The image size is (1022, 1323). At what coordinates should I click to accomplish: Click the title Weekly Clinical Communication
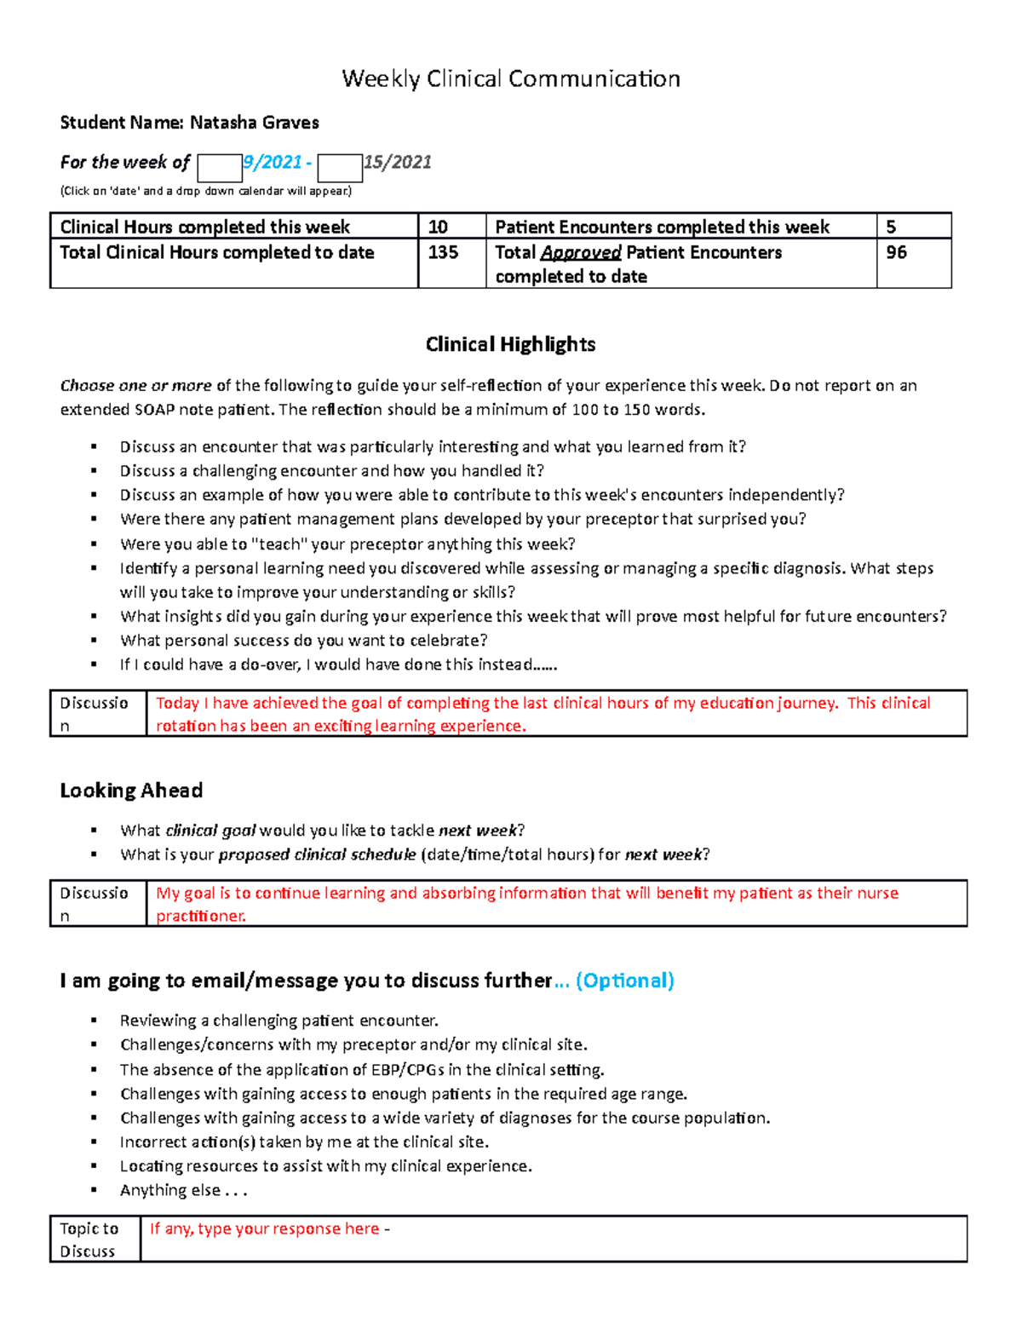click(x=510, y=79)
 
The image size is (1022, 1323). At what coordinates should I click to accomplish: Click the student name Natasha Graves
click(x=254, y=123)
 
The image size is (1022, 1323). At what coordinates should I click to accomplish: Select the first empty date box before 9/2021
click(x=219, y=168)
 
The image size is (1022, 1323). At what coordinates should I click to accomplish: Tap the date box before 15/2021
click(x=340, y=168)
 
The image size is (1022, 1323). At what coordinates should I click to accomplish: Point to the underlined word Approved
click(x=581, y=253)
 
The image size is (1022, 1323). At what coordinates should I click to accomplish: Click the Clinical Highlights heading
click(x=510, y=344)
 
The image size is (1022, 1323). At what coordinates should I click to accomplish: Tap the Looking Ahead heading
click(x=131, y=791)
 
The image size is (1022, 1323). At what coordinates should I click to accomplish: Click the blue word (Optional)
click(x=625, y=981)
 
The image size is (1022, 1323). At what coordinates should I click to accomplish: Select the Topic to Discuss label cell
click(x=95, y=1239)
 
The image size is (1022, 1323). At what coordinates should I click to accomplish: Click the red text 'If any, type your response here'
click(x=265, y=1228)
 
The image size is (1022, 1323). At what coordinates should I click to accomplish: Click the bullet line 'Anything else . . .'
click(x=183, y=1190)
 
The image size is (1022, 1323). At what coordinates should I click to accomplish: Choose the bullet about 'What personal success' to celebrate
click(x=303, y=641)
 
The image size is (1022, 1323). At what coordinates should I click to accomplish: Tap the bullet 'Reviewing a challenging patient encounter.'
click(x=278, y=1021)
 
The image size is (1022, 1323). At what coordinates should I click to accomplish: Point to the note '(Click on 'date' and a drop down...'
click(x=205, y=191)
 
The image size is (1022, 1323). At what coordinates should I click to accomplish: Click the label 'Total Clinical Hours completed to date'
click(x=217, y=253)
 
